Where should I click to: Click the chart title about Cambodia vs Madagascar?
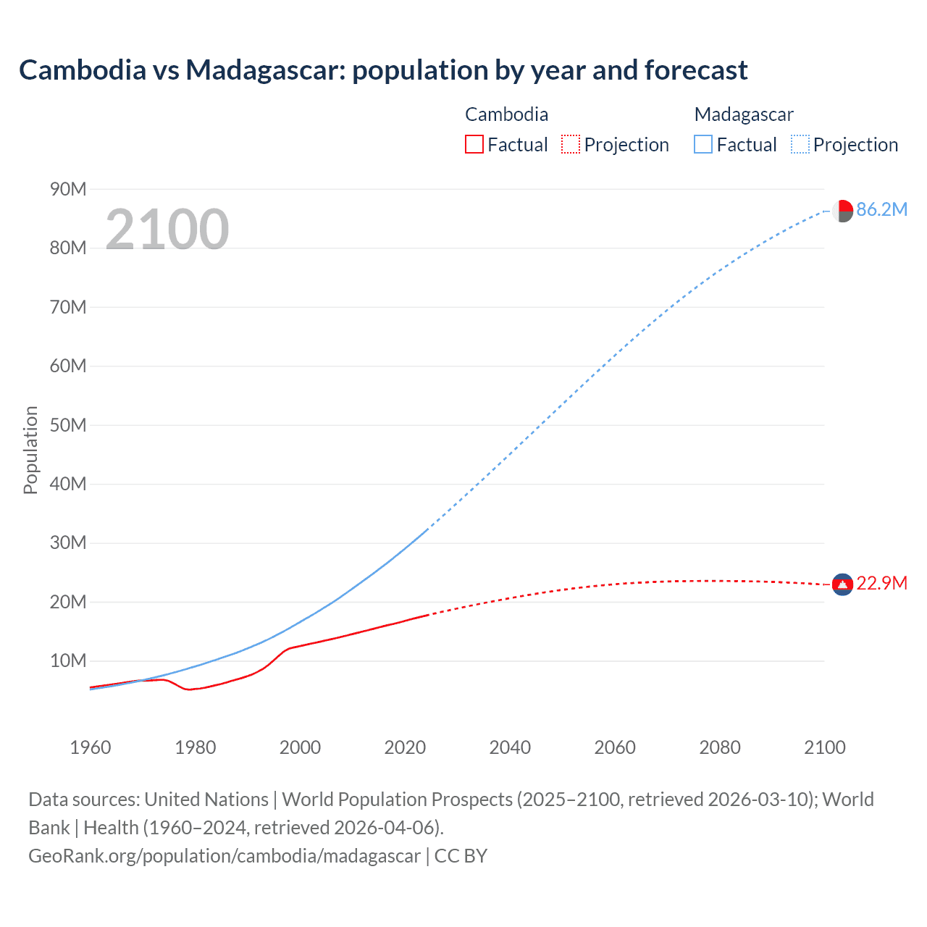[x=383, y=70]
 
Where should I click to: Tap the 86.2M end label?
[x=881, y=210]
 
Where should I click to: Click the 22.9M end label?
[x=881, y=584]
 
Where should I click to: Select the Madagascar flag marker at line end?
[x=842, y=211]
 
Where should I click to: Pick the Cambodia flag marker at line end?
[x=842, y=584]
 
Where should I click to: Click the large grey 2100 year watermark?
[x=167, y=230]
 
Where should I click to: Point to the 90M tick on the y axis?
[x=68, y=190]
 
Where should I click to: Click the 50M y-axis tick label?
[x=68, y=425]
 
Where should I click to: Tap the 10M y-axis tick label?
[x=68, y=661]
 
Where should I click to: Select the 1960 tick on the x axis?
[x=91, y=747]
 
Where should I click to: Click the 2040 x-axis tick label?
[x=510, y=747]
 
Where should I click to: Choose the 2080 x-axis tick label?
[x=720, y=747]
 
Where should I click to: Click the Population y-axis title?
[x=30, y=450]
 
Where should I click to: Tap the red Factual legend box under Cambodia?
[x=474, y=145]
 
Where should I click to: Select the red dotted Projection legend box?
[x=571, y=145]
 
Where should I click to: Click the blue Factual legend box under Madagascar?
[x=703, y=145]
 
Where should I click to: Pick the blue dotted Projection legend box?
[x=800, y=145]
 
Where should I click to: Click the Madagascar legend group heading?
[x=744, y=114]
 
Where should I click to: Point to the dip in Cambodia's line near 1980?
[x=190, y=689]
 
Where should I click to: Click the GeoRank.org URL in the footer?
[x=225, y=856]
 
